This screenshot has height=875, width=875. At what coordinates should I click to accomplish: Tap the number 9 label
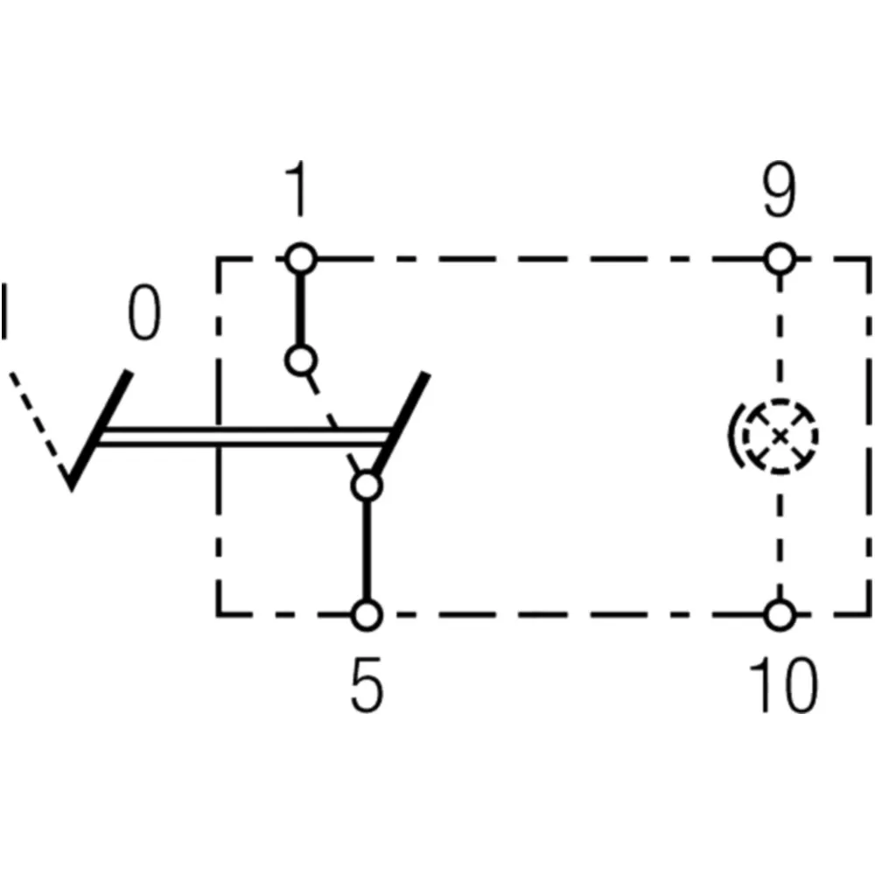coord(780,190)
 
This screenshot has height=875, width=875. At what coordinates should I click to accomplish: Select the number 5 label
coord(367,685)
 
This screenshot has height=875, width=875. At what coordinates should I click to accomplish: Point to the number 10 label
coord(783,685)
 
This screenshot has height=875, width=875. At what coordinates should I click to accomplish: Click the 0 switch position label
coord(144,312)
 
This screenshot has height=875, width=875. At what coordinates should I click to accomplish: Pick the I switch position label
coord(4,311)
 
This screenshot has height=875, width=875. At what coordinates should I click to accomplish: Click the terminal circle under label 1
coord(301,259)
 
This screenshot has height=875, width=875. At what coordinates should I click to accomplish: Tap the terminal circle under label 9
coord(780,259)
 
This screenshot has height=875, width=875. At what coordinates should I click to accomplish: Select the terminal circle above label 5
coord(367,615)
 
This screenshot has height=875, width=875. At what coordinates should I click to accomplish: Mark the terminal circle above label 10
coord(780,615)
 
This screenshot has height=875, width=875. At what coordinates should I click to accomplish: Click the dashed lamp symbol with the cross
coord(780,437)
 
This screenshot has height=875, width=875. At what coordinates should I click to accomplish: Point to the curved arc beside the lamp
coord(732,435)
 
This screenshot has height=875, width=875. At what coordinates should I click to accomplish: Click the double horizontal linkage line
coord(244,437)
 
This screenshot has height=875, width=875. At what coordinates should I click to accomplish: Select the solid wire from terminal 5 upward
coord(367,550)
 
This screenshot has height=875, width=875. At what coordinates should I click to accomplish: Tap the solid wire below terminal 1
coord(301,310)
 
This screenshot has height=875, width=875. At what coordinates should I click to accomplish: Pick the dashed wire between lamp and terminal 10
coord(780,537)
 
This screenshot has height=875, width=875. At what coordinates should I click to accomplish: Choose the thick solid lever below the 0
coord(100,430)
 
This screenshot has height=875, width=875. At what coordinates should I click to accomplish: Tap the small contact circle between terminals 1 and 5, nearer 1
coord(301,360)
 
